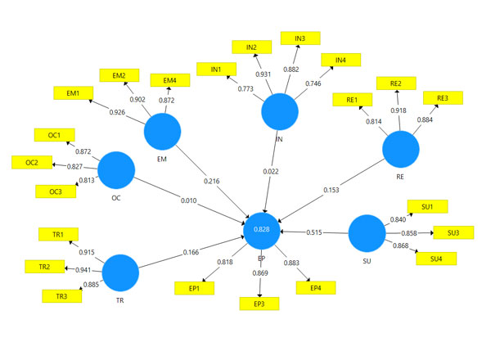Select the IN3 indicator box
click(x=300, y=38)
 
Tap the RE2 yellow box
click(x=395, y=83)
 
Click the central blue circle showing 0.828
click(x=262, y=221)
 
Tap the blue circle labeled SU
click(x=367, y=235)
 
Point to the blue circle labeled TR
click(x=121, y=273)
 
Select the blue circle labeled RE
click(x=401, y=151)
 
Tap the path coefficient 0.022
click(x=272, y=171)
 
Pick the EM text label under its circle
click(x=161, y=158)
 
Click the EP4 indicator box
click(x=314, y=288)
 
